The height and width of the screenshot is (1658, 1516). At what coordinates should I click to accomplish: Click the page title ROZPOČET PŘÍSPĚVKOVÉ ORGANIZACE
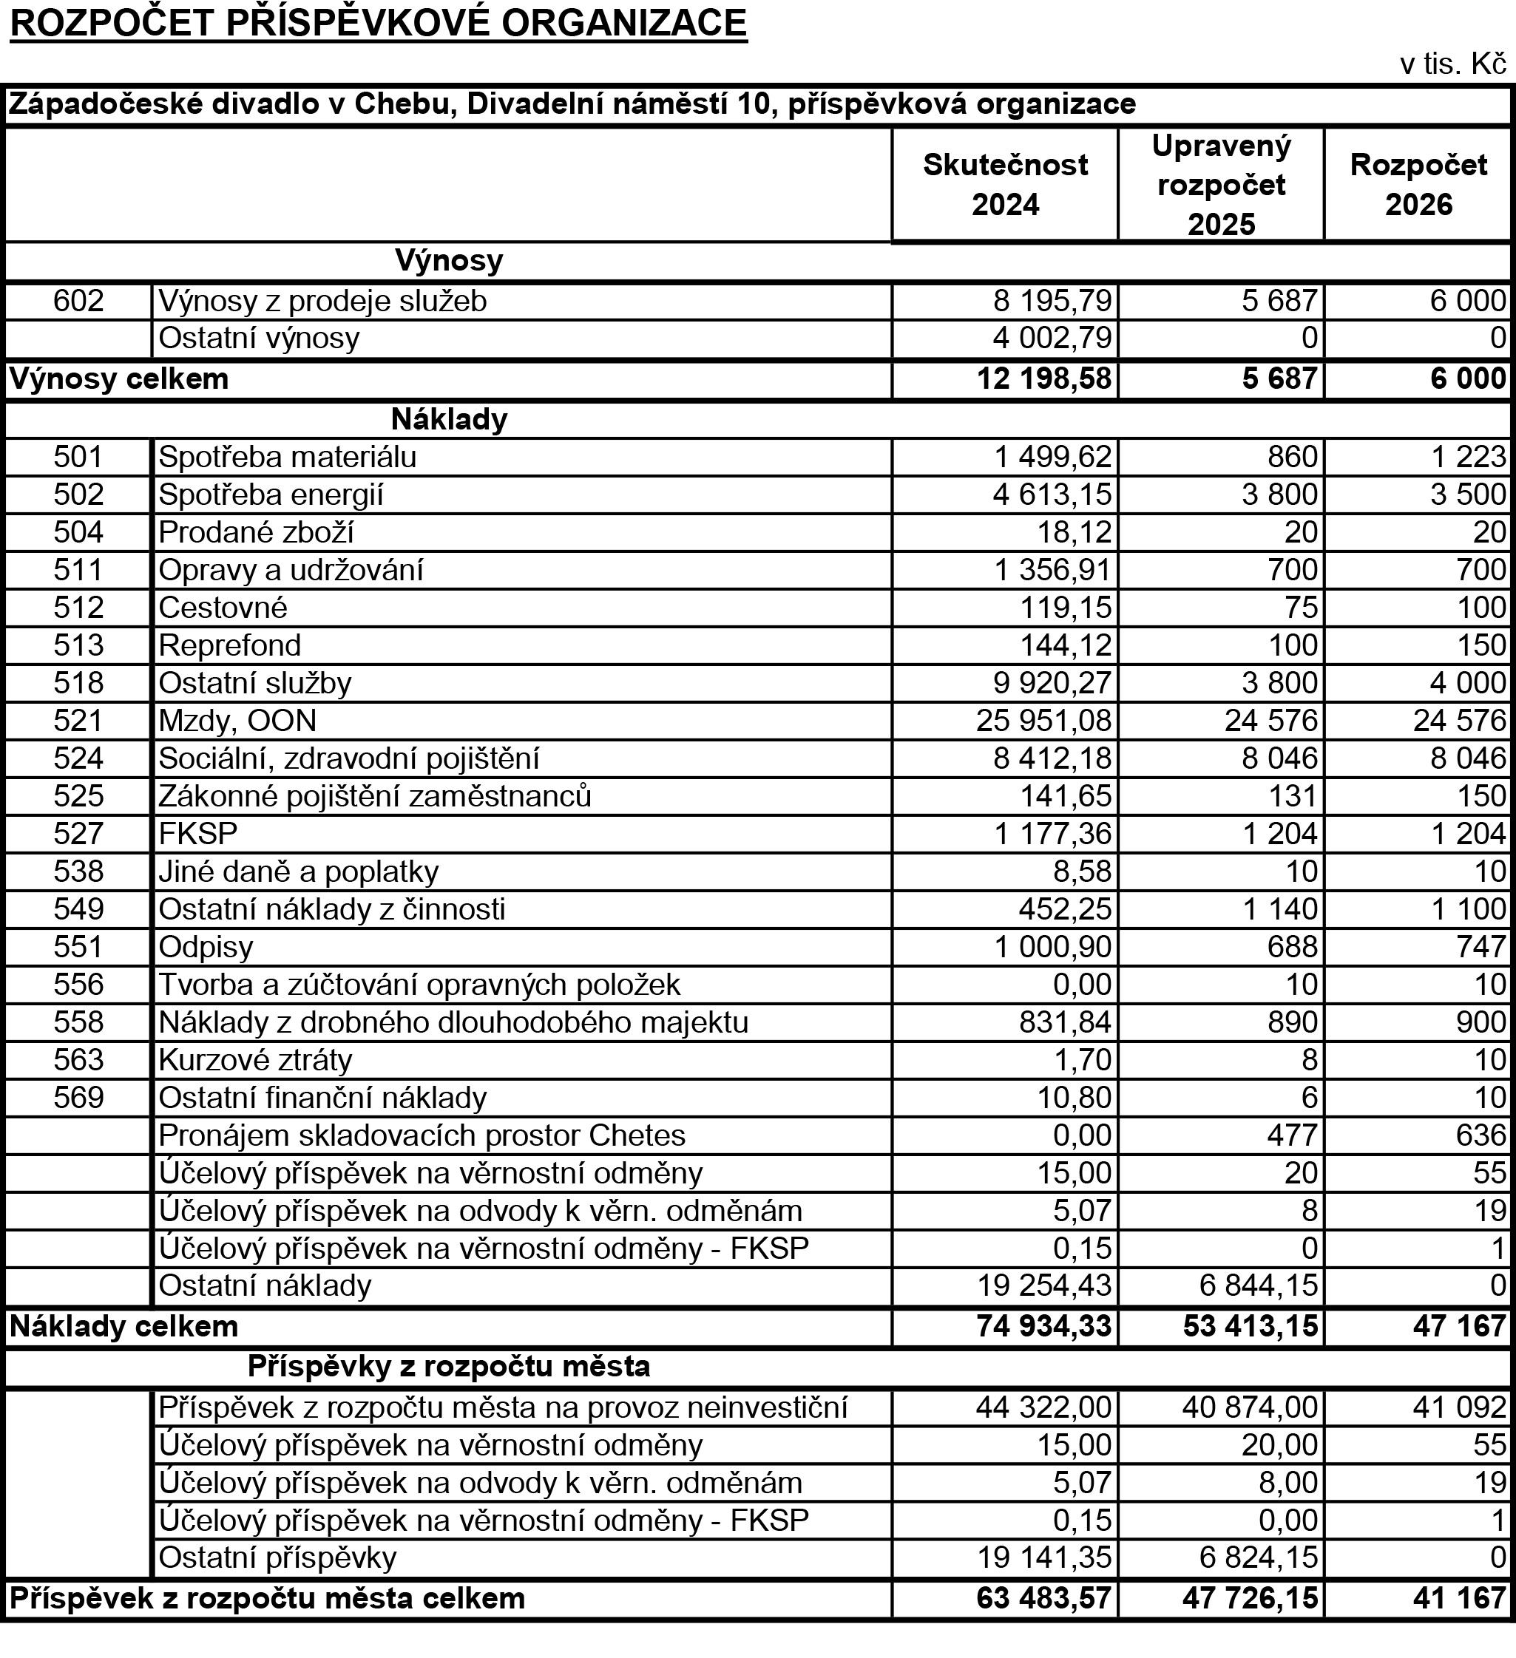[x=379, y=24]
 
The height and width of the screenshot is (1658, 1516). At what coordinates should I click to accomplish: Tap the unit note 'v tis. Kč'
[x=1452, y=65]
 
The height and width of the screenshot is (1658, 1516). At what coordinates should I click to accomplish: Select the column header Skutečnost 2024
[x=1004, y=184]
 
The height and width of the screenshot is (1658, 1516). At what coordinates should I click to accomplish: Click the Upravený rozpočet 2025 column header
[x=1221, y=185]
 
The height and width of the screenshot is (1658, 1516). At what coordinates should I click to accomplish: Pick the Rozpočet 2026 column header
[x=1418, y=184]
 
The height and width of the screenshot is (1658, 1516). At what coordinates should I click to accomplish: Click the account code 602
[x=79, y=301]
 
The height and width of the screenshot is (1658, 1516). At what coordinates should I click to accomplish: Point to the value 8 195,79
[x=1052, y=301]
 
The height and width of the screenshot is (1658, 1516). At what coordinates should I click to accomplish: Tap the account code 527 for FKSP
[x=79, y=834]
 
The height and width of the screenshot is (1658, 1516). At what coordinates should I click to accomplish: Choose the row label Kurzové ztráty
[x=255, y=1060]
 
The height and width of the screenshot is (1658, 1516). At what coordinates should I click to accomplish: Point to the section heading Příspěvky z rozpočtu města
[x=449, y=1367]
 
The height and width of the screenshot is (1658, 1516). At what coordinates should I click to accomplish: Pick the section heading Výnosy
[x=449, y=261]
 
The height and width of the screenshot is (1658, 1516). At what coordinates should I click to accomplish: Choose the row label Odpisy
[x=206, y=948]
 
